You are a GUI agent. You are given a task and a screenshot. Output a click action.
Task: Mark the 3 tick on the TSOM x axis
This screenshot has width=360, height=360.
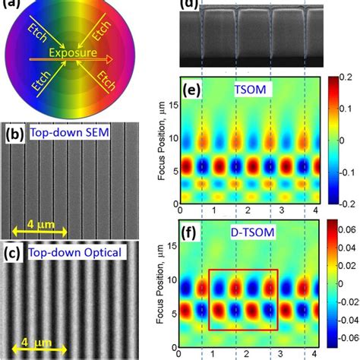tap(280, 210)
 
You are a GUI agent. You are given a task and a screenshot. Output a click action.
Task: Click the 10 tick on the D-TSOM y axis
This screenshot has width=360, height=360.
tap(171, 279)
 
